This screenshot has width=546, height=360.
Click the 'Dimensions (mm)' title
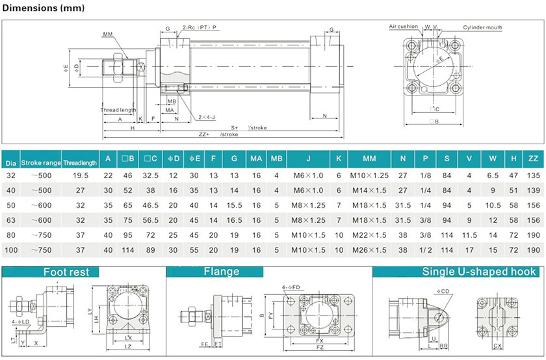[x=43, y=8]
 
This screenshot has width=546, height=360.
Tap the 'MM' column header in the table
[x=369, y=159]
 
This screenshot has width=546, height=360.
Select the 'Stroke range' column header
[x=41, y=162]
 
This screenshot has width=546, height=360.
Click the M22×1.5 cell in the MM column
[x=369, y=235]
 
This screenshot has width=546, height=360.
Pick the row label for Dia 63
[x=11, y=220]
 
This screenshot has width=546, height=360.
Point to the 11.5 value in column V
[x=469, y=235]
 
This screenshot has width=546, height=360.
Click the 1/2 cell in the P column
[x=425, y=250]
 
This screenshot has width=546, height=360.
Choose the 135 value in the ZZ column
[x=533, y=175]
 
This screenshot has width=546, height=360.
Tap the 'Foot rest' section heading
[x=66, y=272]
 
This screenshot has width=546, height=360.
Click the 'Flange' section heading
[x=222, y=271]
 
